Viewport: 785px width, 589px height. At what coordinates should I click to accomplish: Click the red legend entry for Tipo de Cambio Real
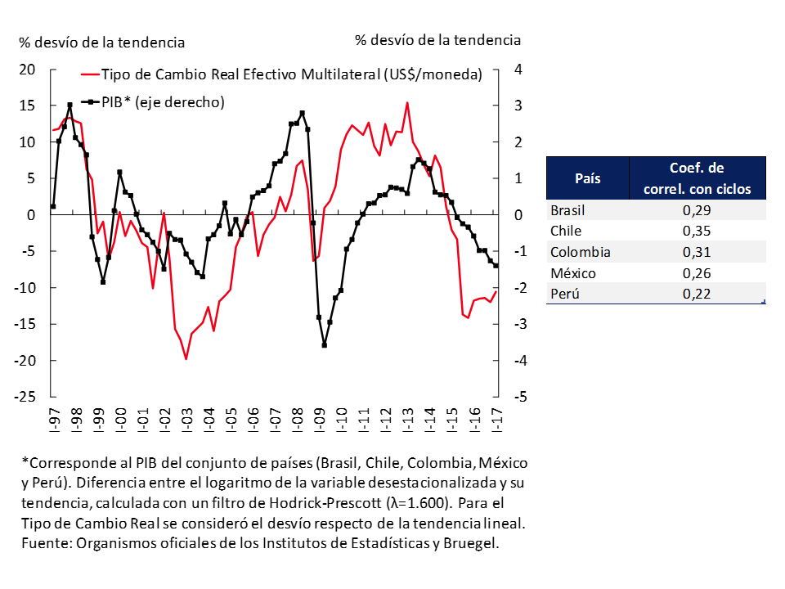point(291,74)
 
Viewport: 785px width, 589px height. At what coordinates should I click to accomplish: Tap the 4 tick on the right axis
point(517,70)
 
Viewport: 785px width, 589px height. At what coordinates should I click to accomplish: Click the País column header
point(588,178)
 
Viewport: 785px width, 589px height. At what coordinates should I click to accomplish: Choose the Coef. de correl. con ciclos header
point(697,178)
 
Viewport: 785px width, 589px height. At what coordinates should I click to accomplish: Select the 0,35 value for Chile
point(698,231)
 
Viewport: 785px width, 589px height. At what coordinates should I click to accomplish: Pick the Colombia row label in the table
point(581,252)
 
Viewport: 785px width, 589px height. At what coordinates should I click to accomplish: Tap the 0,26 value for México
point(698,273)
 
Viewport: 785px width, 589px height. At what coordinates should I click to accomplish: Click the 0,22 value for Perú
point(698,294)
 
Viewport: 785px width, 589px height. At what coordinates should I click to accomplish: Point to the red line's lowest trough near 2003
point(186,358)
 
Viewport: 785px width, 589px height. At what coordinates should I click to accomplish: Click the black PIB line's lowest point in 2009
point(325,345)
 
